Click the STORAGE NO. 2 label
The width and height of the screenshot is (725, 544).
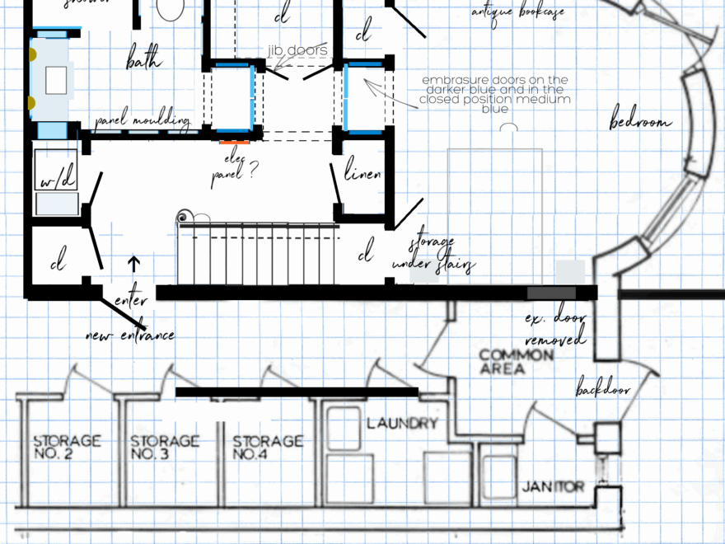(x=67, y=447)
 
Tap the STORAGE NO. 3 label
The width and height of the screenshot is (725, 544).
(x=165, y=447)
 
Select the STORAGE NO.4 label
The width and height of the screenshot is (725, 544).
(x=267, y=447)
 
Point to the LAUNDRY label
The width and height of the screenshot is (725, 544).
(x=402, y=424)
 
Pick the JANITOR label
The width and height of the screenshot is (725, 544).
(x=553, y=487)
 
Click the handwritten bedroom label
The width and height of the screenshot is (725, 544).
(x=639, y=122)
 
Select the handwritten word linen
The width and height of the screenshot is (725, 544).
(x=362, y=174)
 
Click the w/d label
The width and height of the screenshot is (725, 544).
(x=55, y=179)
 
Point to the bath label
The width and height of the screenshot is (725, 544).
(x=143, y=60)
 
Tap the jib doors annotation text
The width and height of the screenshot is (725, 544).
(x=297, y=51)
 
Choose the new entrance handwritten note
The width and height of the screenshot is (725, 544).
(x=130, y=335)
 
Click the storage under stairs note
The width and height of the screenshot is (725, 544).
(x=442, y=255)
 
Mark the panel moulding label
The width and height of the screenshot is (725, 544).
(x=142, y=122)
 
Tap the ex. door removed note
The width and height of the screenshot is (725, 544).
(x=554, y=328)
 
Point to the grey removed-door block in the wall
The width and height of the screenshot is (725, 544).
(x=551, y=293)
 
